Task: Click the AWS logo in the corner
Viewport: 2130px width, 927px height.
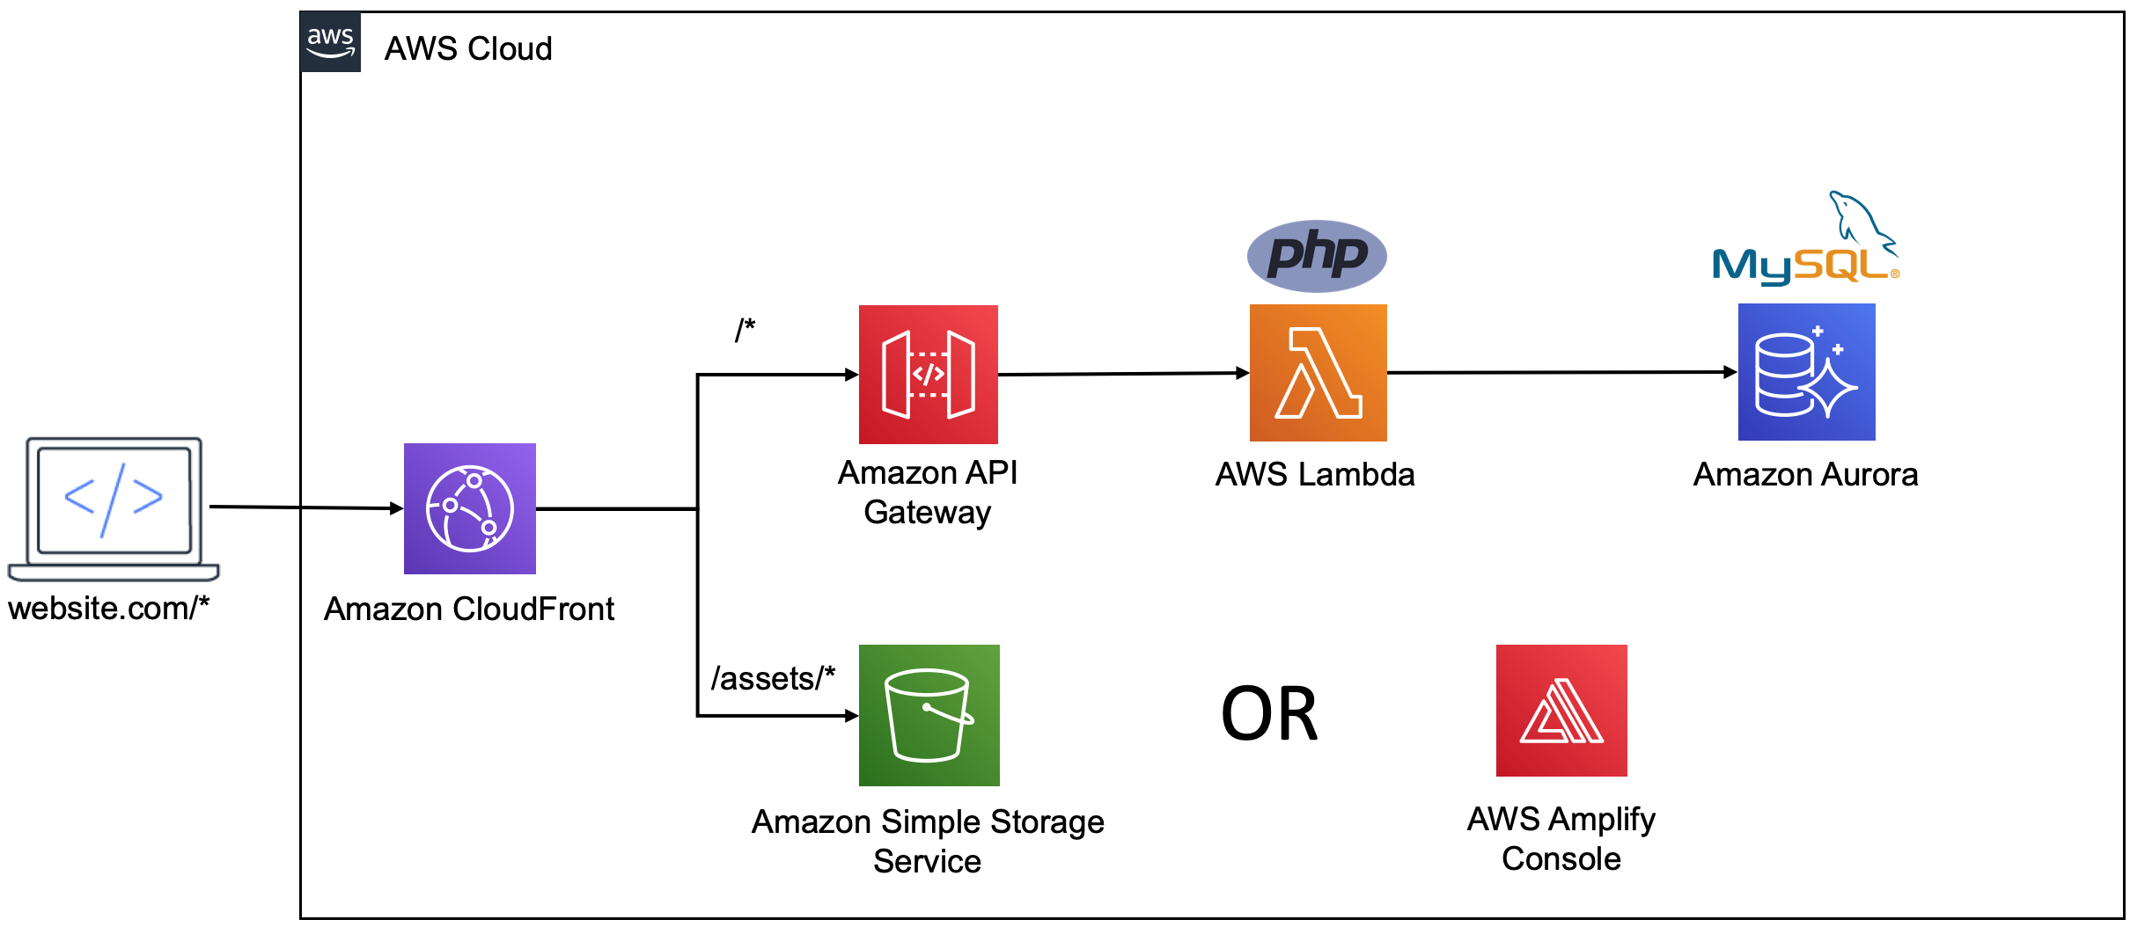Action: click(x=330, y=41)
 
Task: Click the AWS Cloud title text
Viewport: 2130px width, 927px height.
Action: click(x=467, y=48)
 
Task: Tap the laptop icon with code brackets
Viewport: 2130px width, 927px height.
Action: click(x=114, y=507)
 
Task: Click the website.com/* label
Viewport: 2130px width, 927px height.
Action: click(x=108, y=608)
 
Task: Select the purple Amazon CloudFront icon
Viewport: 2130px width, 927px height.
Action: click(x=469, y=508)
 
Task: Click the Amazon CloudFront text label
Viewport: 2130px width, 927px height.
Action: click(x=468, y=609)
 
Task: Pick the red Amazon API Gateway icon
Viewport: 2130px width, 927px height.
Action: click(x=928, y=374)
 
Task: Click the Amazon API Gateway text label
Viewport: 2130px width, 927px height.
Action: click(x=927, y=493)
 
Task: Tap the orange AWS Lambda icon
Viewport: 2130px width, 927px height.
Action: click(x=1318, y=372)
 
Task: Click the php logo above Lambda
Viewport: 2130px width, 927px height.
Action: click(x=1317, y=255)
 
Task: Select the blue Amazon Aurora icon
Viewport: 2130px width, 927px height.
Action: click(x=1806, y=371)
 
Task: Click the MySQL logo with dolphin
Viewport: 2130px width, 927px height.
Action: click(x=1806, y=242)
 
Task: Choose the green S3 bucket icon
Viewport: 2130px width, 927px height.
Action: click(x=929, y=714)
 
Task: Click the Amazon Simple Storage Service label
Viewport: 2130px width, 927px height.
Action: click(x=927, y=841)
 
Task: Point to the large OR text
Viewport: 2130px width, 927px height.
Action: click(x=1268, y=714)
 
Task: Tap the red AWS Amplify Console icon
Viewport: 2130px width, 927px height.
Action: click(x=1561, y=710)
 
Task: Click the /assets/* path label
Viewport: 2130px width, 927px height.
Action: click(x=772, y=678)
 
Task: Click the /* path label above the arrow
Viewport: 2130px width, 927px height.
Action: click(x=745, y=330)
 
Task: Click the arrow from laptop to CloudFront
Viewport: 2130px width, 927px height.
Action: click(x=304, y=507)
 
